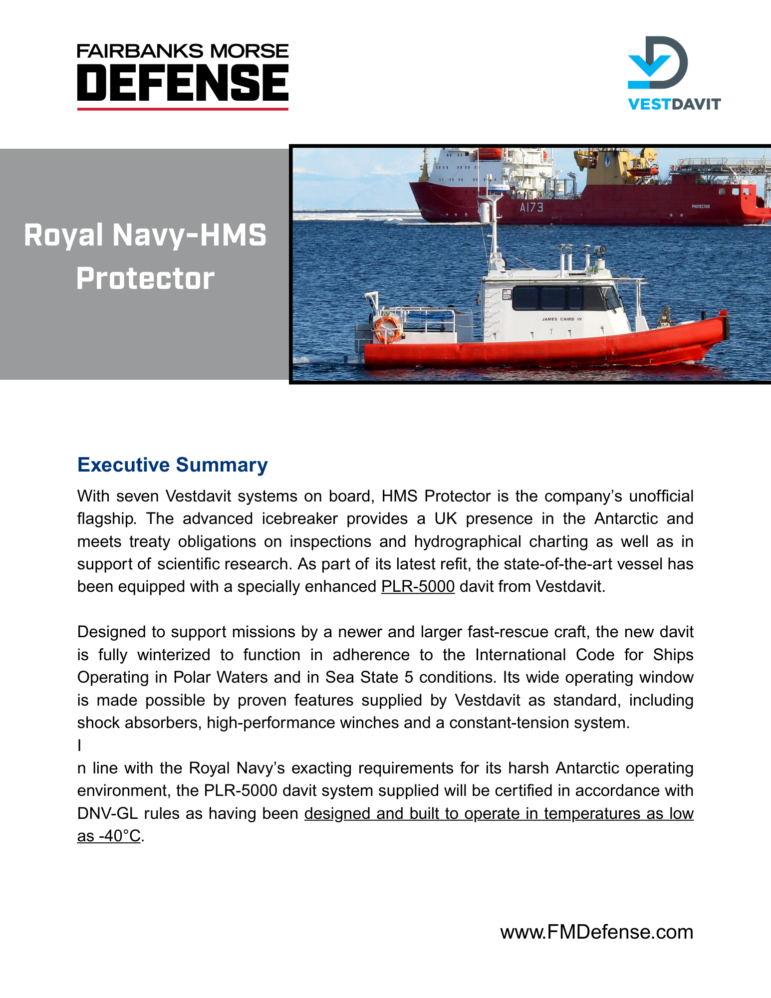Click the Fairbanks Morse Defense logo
[183, 76]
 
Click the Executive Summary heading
[172, 465]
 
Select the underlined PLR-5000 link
[418, 586]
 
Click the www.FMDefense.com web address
[596, 932]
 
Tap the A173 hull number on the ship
[531, 207]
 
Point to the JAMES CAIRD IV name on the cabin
[561, 319]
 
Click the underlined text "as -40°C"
[109, 836]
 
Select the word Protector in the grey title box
[145, 278]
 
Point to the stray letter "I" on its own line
[79, 746]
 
